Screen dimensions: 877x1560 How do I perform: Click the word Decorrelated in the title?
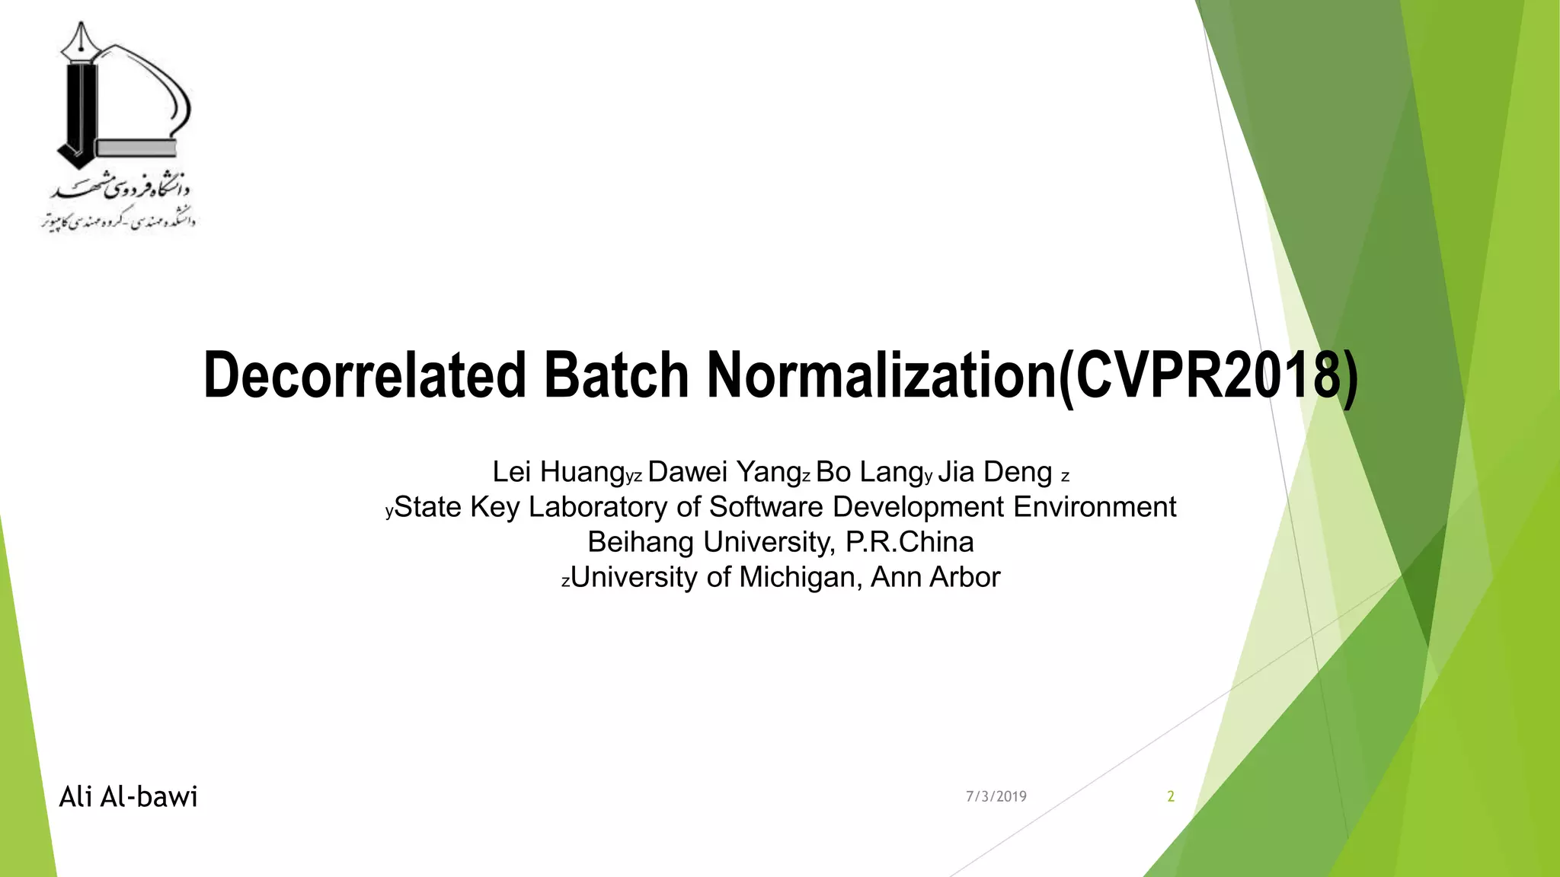pos(365,375)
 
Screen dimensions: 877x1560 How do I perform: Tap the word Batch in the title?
pos(616,375)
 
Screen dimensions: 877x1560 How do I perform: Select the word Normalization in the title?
pos(882,375)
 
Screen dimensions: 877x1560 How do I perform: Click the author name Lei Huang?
pos(558,472)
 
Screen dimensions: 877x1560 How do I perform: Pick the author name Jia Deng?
pos(995,472)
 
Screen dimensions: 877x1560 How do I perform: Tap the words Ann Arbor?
pos(935,577)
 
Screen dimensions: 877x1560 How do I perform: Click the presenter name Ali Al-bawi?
pos(129,797)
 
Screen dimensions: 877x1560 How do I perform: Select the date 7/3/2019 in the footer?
pos(996,797)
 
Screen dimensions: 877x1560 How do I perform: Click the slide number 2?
pos(1171,797)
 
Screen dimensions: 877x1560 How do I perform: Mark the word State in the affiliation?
pos(428,507)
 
